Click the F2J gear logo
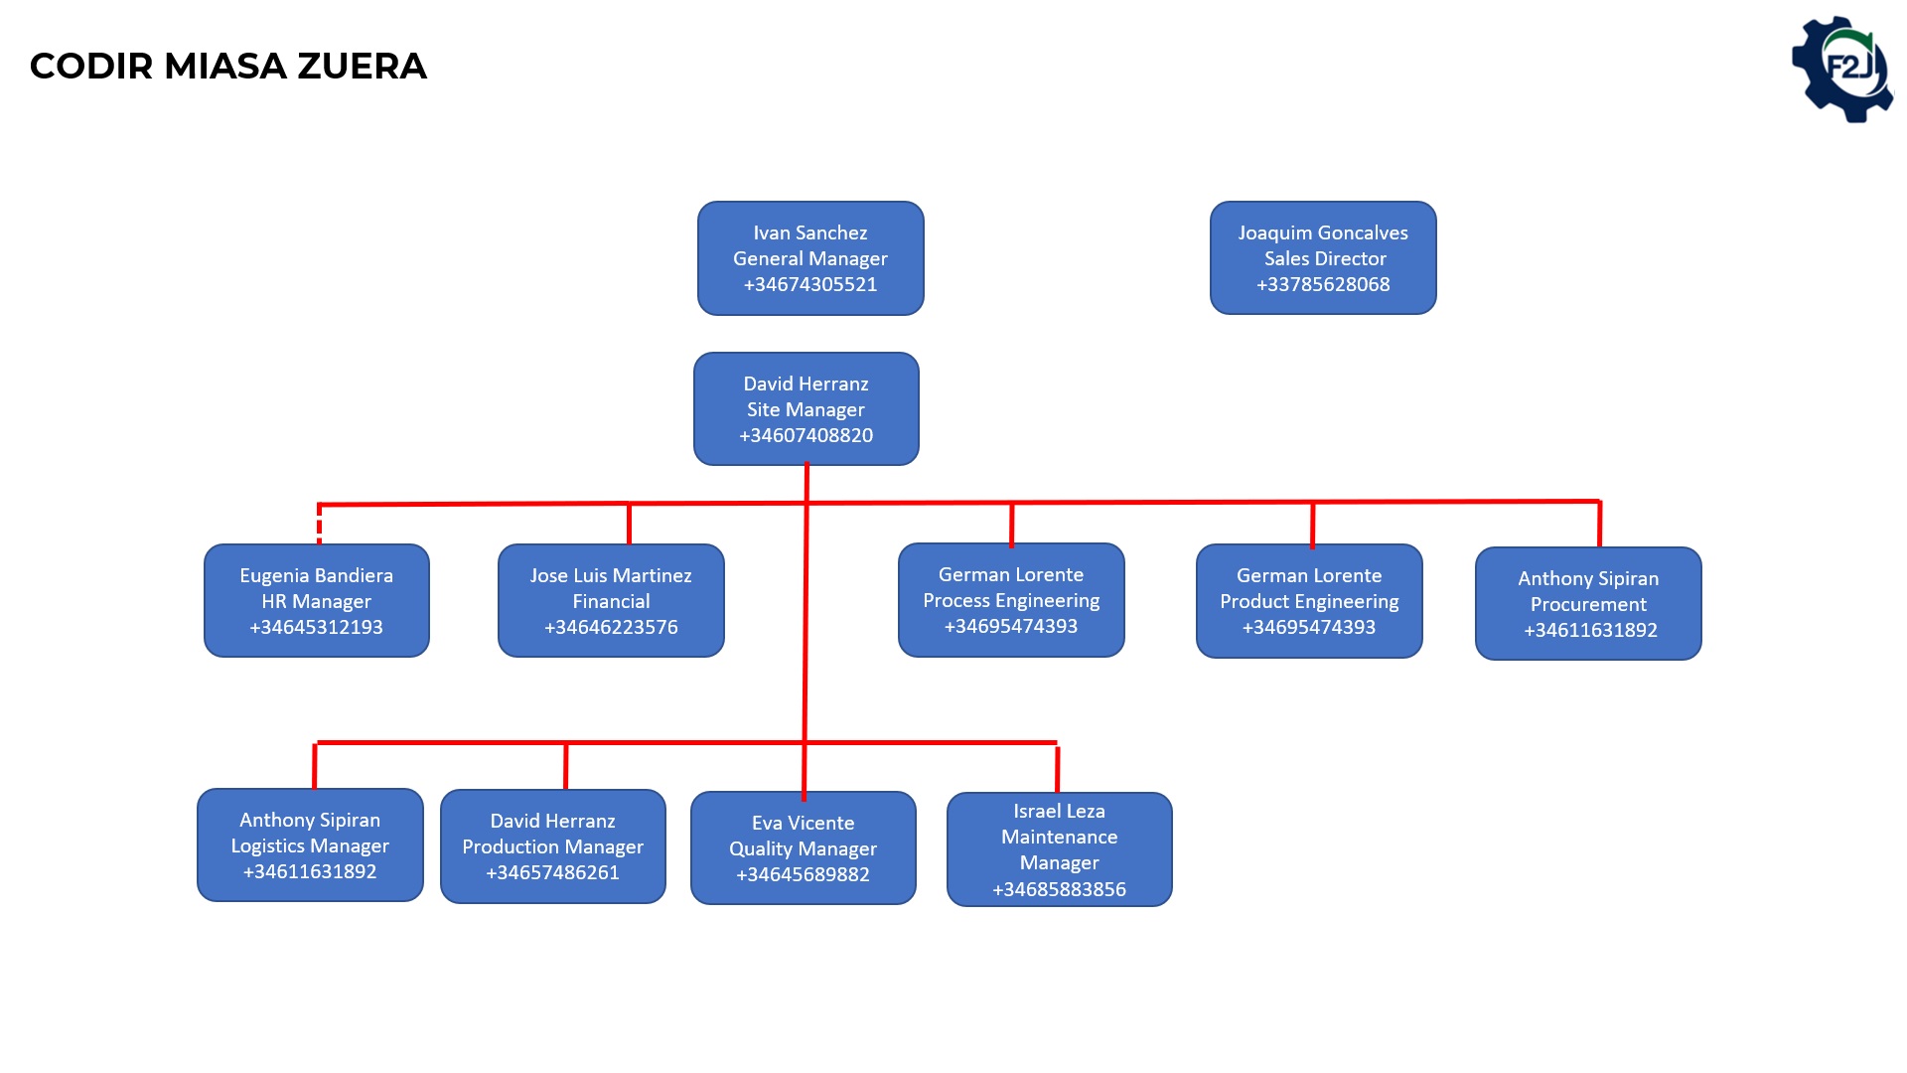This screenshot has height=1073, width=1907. [1842, 70]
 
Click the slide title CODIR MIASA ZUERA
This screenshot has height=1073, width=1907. [228, 67]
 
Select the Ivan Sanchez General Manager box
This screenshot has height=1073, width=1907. [810, 258]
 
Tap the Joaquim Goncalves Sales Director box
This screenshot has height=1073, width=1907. [1323, 258]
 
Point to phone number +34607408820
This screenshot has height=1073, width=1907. [807, 435]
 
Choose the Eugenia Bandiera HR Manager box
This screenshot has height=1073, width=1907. [317, 601]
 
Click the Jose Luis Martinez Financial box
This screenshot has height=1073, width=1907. [611, 601]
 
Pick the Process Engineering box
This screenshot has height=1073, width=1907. [1011, 600]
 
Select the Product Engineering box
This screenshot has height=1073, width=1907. [1309, 601]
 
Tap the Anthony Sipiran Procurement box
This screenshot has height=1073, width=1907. [1588, 604]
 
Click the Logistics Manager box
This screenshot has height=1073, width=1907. [310, 845]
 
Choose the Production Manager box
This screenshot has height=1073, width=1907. [553, 846]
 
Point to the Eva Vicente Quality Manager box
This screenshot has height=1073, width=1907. [804, 848]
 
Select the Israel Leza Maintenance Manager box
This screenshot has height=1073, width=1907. [1060, 849]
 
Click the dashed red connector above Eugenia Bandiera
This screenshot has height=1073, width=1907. [319, 524]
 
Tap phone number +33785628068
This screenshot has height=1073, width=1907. [1323, 284]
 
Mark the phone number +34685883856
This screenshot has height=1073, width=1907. [1060, 889]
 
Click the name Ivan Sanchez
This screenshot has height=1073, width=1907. [810, 232]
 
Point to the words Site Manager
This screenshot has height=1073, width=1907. [807, 409]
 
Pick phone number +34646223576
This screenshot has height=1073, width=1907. [611, 627]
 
